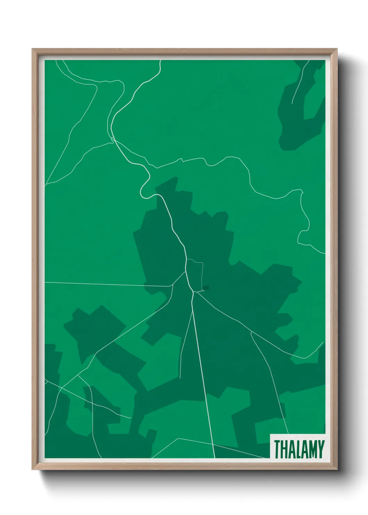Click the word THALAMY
[299, 449]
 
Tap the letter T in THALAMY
[277, 449]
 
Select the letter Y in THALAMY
[321, 449]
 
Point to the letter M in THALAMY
[311, 449]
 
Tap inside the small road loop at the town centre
[195, 275]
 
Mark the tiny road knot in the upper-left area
[112, 140]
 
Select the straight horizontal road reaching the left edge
[104, 284]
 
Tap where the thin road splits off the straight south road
[192, 311]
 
